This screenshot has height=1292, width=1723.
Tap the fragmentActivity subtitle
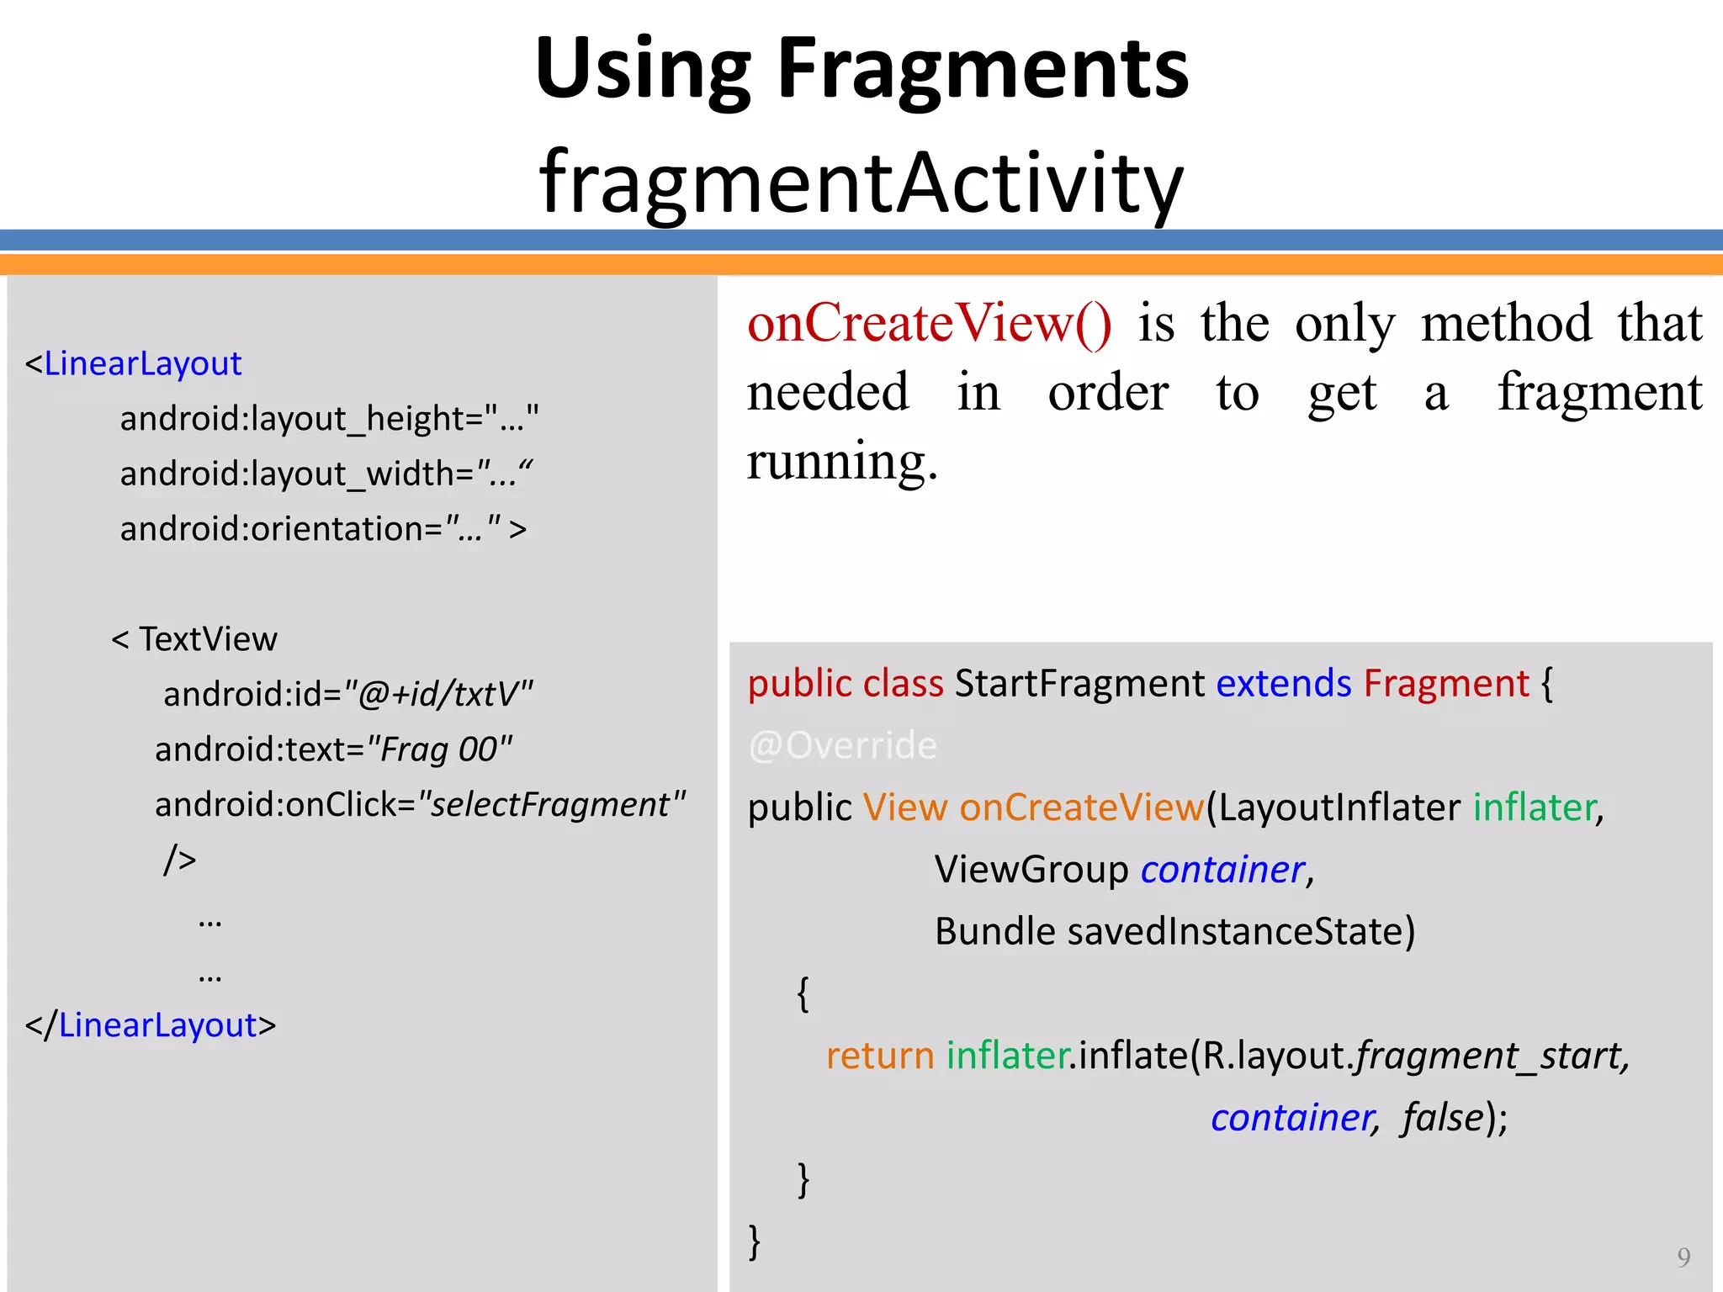[x=861, y=182]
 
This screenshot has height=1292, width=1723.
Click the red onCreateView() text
[x=929, y=323]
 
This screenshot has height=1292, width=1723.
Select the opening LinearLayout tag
[x=142, y=363]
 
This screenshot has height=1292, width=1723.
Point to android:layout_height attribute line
[x=329, y=419]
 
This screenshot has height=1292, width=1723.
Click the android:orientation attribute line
[x=322, y=529]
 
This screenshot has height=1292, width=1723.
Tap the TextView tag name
[x=208, y=639]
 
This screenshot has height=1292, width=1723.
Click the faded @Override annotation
[x=842, y=745]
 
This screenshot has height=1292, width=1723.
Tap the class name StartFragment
[x=1080, y=683]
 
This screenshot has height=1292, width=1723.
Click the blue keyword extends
[x=1283, y=683]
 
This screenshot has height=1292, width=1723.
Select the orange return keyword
[x=879, y=1056]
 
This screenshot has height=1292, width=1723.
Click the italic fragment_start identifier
[x=1489, y=1056]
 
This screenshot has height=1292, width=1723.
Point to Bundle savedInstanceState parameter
[x=1174, y=932]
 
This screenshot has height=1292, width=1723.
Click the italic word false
[x=1442, y=1118]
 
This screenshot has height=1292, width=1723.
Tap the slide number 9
[x=1683, y=1257]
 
